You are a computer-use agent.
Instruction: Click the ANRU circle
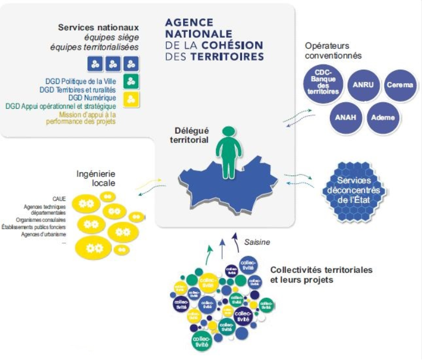tap(363, 85)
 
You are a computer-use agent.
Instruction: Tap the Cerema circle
tap(400, 85)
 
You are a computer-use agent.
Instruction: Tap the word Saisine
tap(257, 242)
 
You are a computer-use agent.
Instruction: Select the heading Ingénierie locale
tap(96, 179)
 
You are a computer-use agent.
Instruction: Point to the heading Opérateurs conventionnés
tap(333, 51)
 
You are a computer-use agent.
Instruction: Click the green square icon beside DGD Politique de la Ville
tap(131, 82)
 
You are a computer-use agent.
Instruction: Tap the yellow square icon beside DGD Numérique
tap(131, 99)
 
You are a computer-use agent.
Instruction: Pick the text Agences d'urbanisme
tap(43, 235)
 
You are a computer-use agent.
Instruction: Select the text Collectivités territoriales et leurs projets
tap(321, 274)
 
